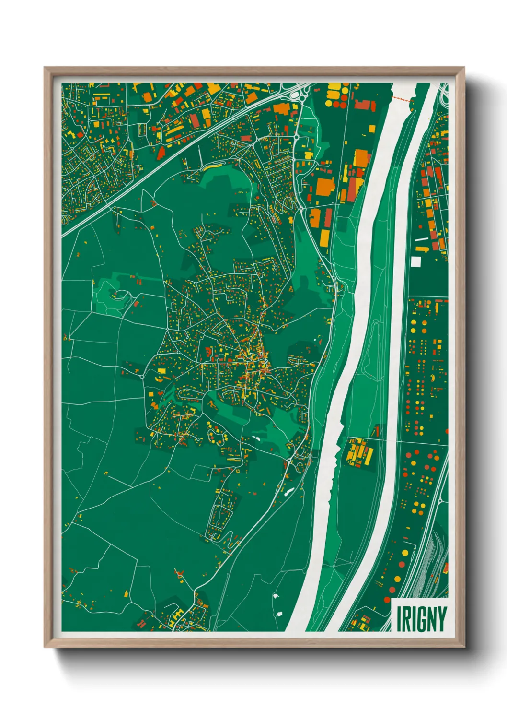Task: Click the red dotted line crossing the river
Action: [402, 99]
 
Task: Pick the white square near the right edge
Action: [415, 261]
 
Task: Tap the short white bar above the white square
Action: [421, 239]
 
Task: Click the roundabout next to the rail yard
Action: [440, 501]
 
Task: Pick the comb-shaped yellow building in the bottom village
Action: [176, 614]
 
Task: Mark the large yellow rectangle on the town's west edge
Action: [161, 371]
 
